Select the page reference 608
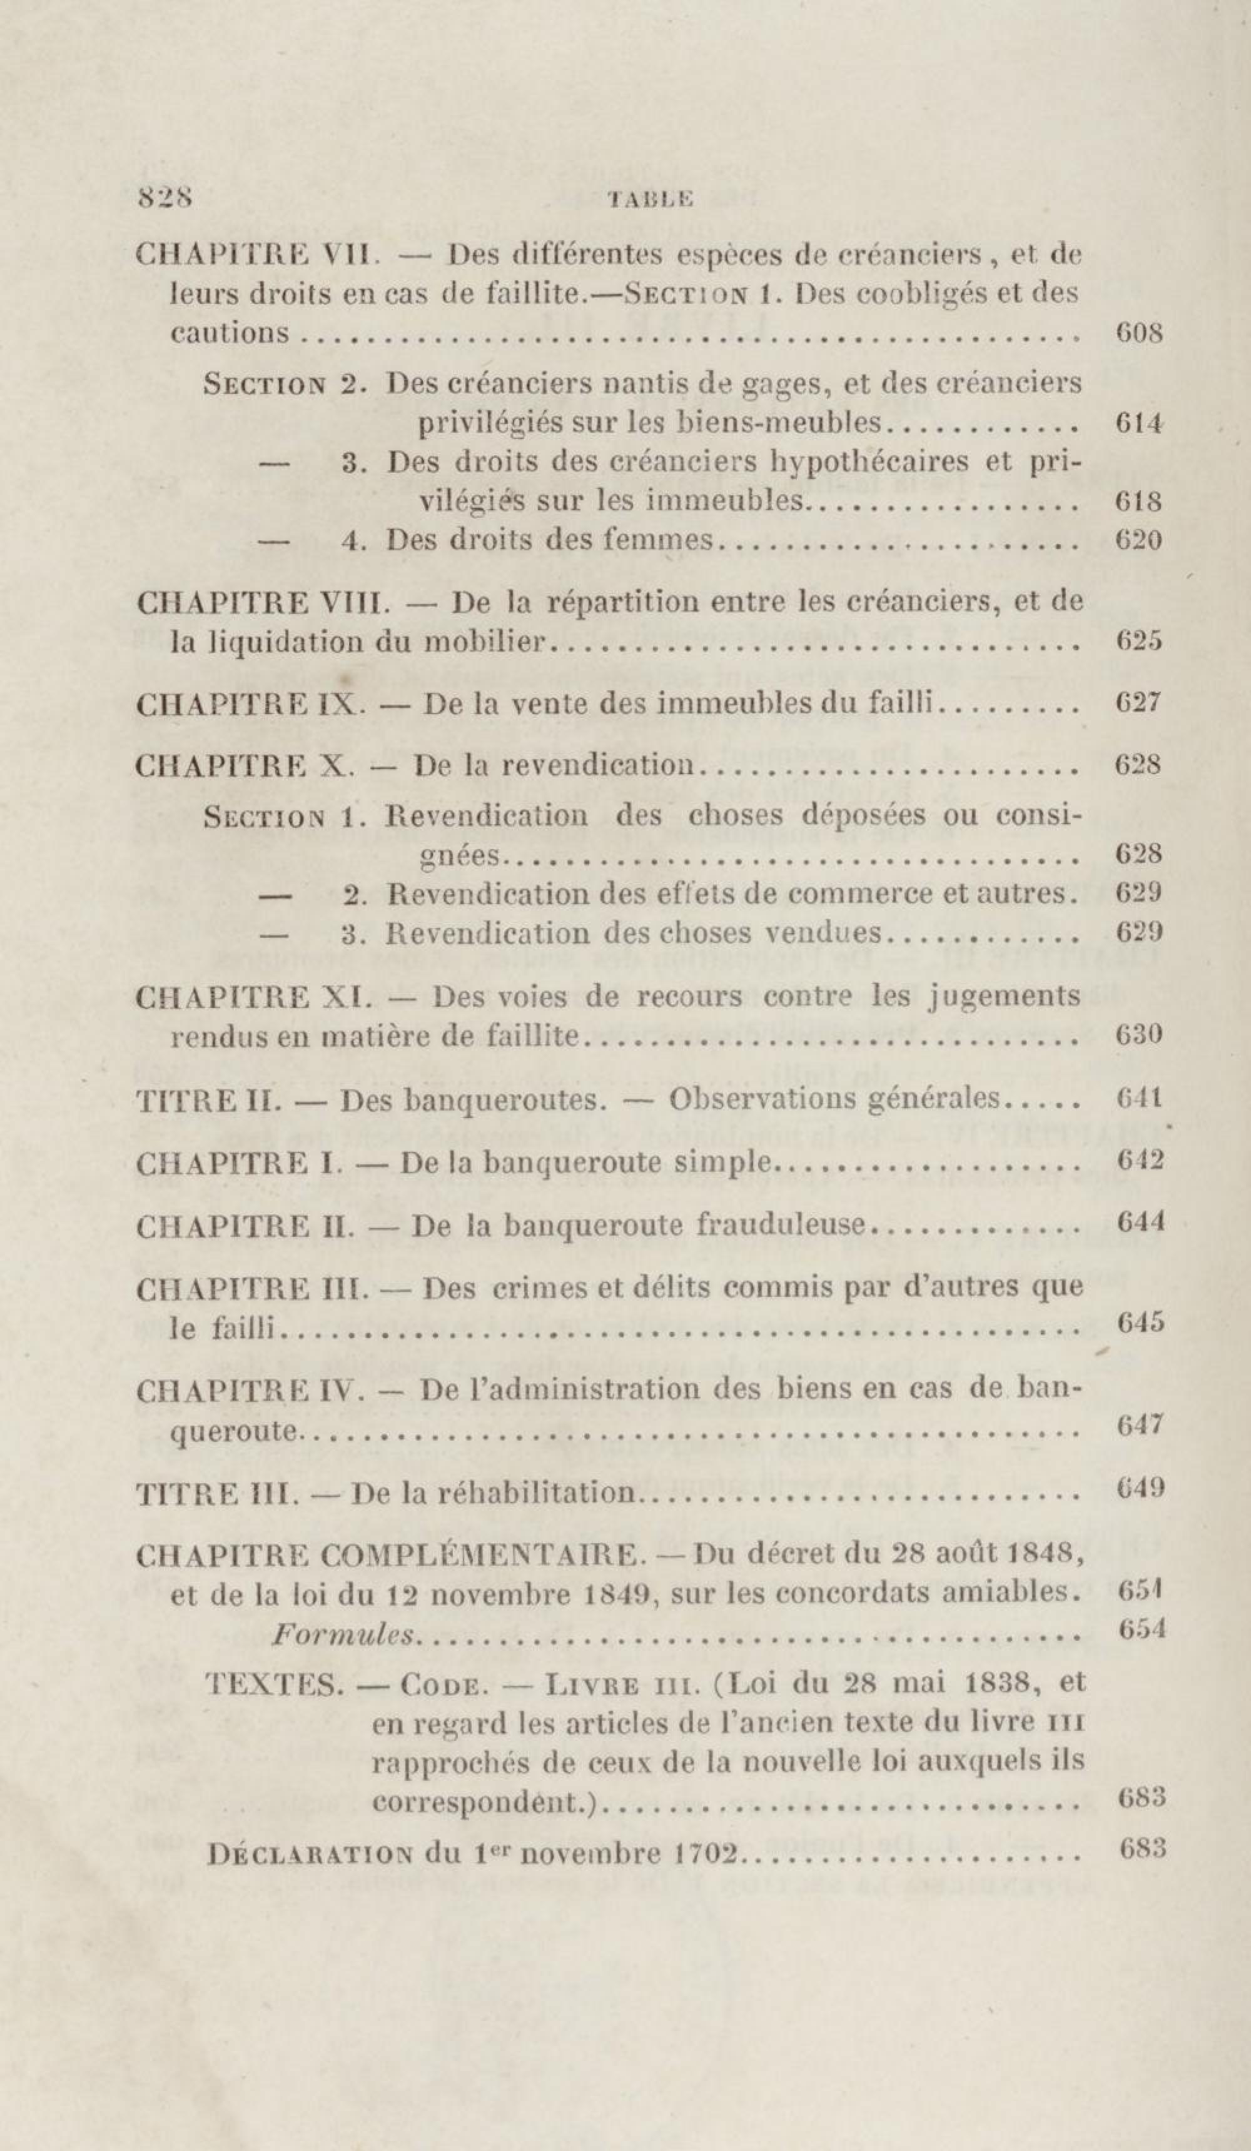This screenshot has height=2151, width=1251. coord(1139,332)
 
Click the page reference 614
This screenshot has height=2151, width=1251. coord(1139,423)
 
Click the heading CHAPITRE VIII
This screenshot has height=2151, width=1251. coord(262,602)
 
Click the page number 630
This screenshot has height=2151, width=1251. coord(1139,1035)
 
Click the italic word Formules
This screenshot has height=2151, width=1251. coord(342,1635)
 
